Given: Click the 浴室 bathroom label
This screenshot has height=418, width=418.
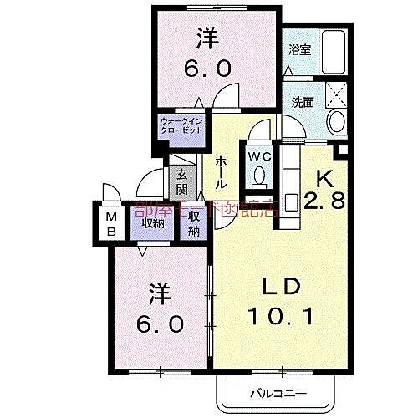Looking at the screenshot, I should pos(298,50).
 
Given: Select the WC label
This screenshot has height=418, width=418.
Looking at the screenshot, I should pos(257,155).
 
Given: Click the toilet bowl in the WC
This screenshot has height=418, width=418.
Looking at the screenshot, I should pos(259,176).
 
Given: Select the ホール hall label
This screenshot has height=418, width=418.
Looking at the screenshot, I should pos(220,171).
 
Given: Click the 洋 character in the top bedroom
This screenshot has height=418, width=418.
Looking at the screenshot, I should pos(205,38).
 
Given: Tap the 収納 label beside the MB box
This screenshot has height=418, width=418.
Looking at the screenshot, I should pos(152,222).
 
